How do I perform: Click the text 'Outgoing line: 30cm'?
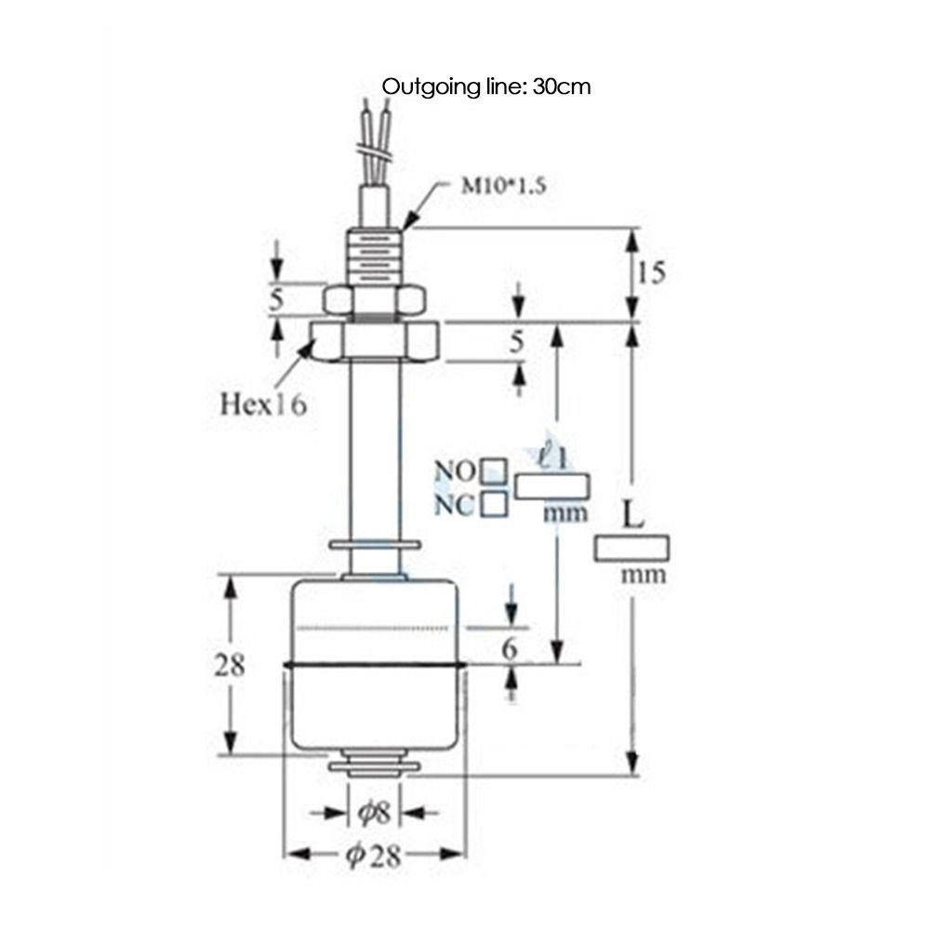(487, 86)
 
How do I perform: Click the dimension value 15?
(652, 272)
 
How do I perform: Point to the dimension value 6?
(509, 649)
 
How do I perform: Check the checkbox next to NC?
(495, 504)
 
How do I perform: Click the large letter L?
(632, 516)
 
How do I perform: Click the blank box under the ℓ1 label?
(552, 485)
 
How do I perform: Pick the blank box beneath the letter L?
(632, 548)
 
